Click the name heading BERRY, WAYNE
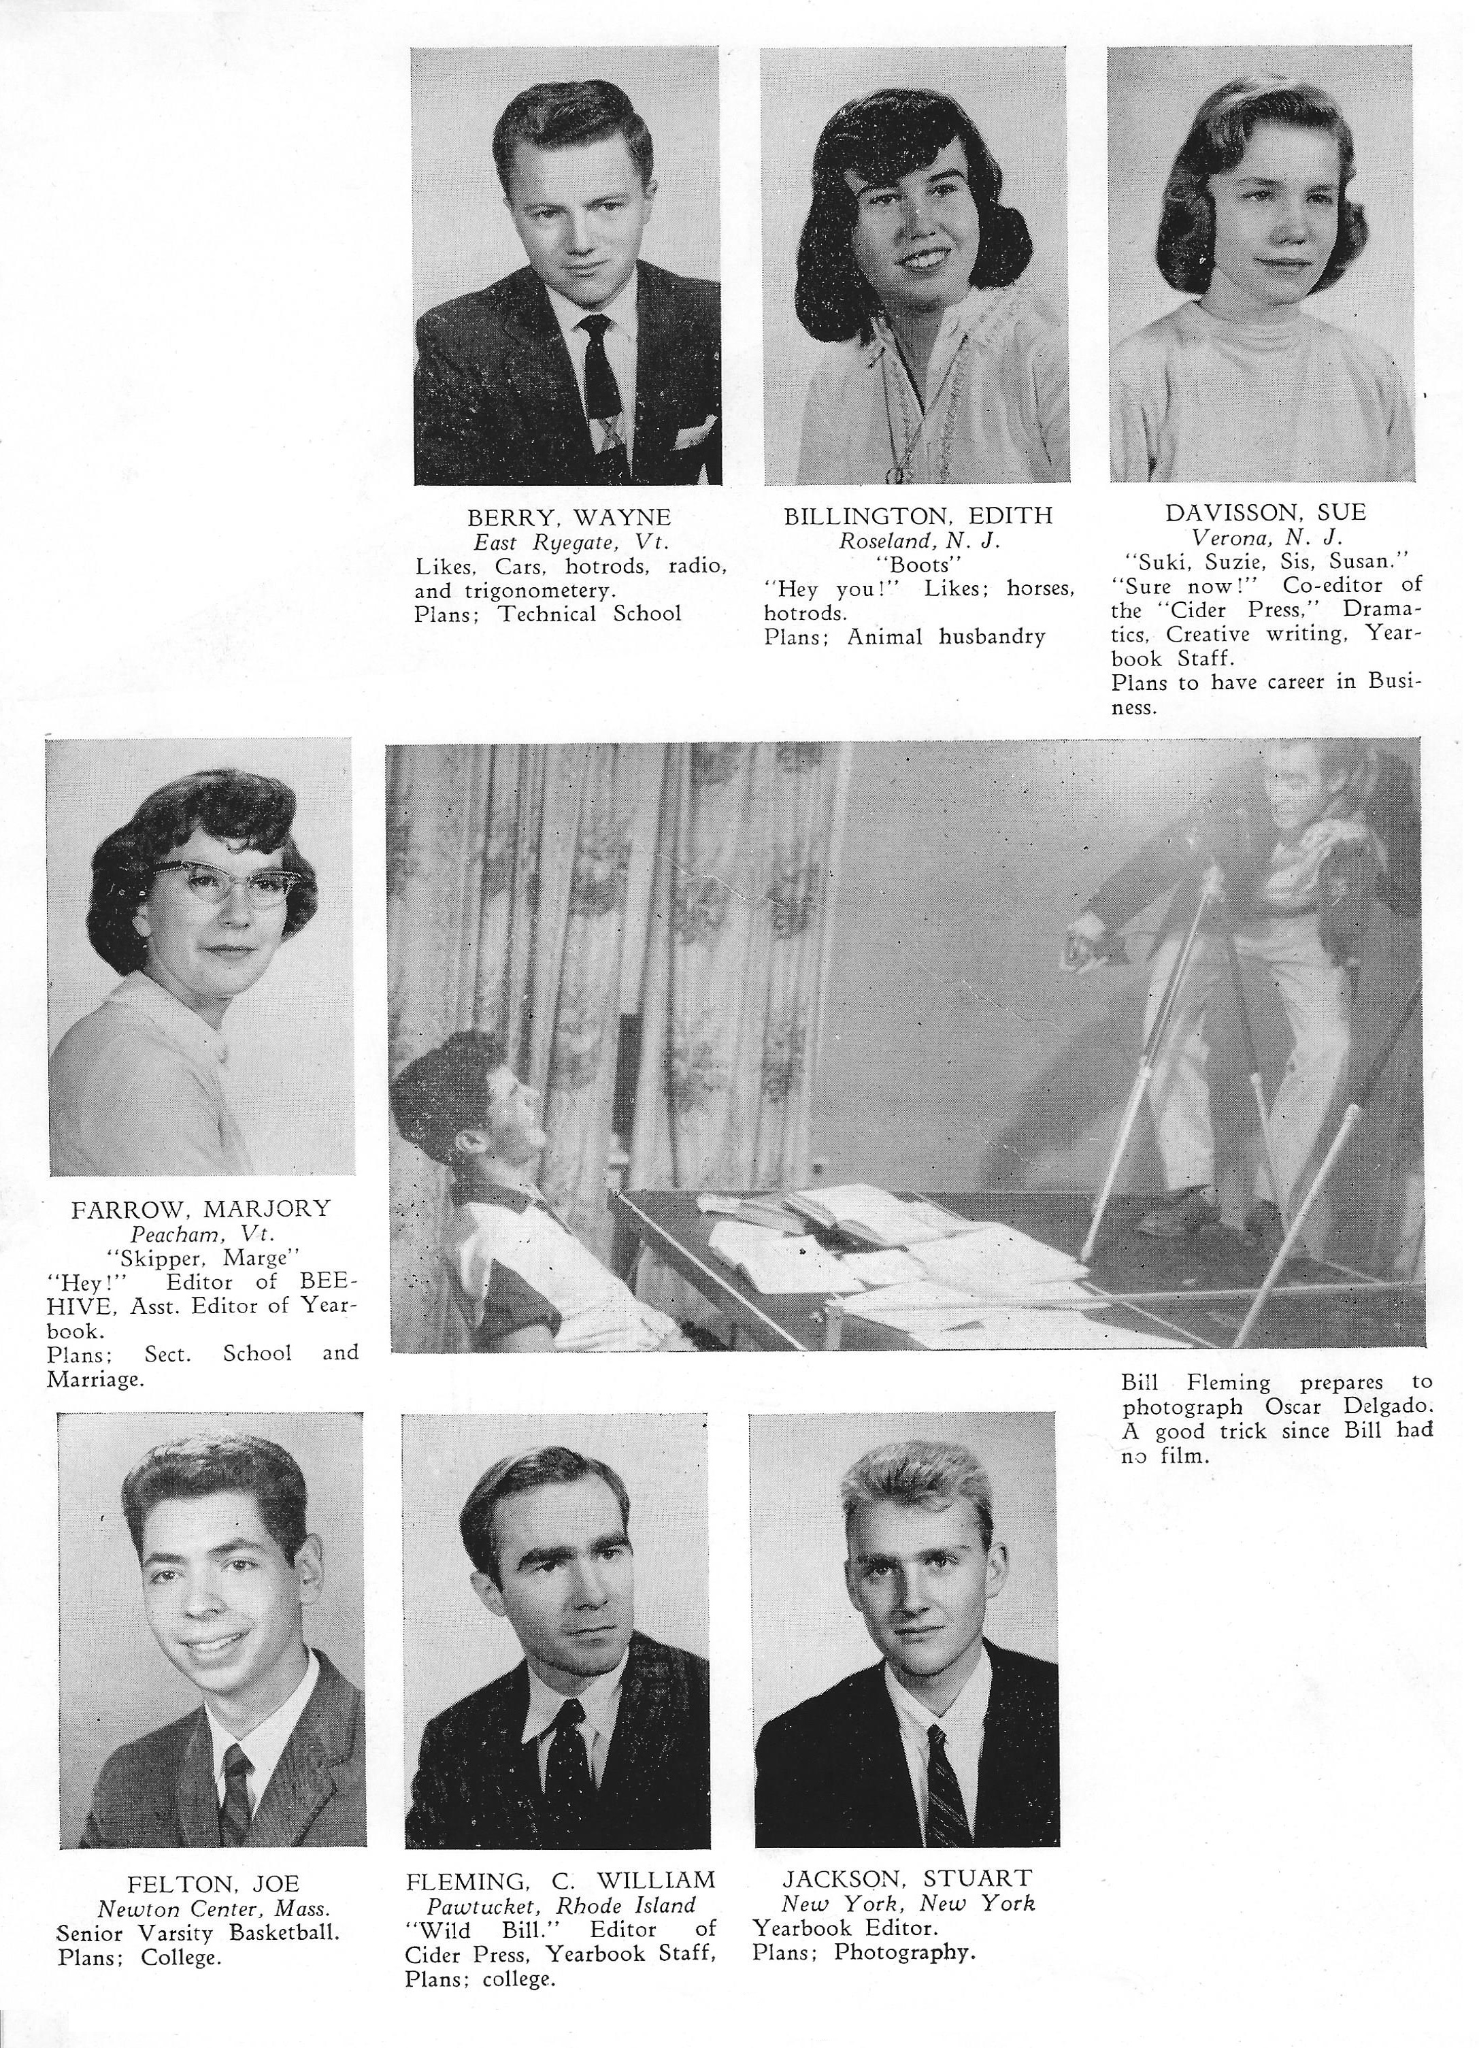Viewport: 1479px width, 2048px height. pyautogui.click(x=569, y=517)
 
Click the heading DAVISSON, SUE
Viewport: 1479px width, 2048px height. pyautogui.click(x=1265, y=513)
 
